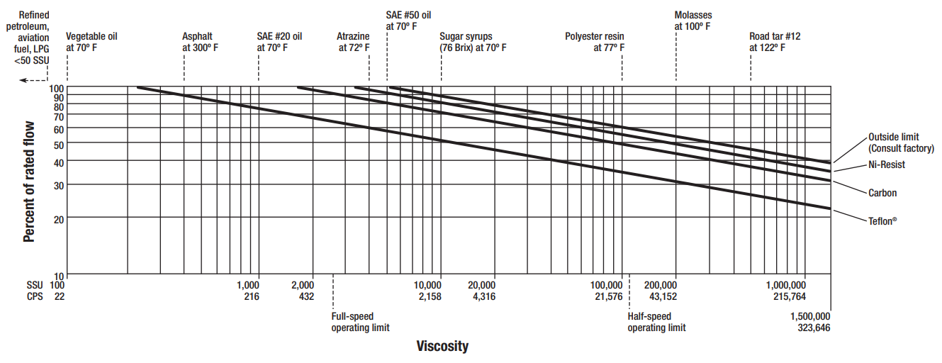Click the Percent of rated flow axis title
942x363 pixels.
pos(29,181)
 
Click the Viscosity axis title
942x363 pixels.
pos(442,346)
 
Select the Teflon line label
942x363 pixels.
pos(882,220)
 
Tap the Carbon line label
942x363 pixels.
pos(882,193)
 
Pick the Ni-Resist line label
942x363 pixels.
pos(887,164)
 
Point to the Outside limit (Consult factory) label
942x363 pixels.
pos(901,143)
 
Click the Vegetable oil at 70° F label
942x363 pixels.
pos(91,42)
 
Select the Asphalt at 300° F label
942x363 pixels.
pos(201,42)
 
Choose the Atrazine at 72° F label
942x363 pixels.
pos(353,42)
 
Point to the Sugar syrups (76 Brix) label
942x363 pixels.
pos(473,42)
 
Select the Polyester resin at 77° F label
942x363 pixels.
pos(595,42)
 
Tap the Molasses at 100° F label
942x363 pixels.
pos(693,21)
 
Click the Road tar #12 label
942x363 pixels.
pos(775,42)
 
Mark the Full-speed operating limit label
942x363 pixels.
pos(360,322)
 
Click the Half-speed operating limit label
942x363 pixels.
pos(656,322)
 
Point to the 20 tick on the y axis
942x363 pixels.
pos(60,218)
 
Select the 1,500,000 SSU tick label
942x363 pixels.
pos(810,316)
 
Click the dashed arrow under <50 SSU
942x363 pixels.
pos(33,81)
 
